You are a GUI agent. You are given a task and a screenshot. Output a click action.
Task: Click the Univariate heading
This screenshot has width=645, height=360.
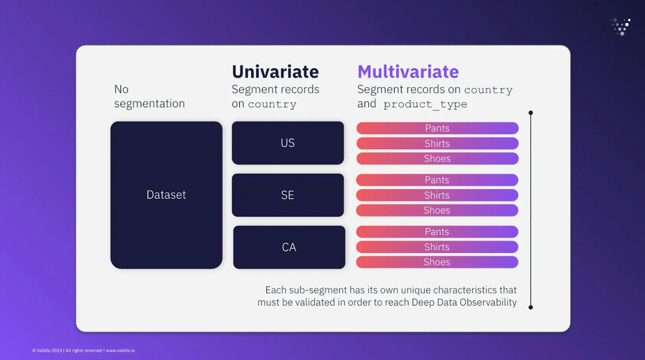click(275, 72)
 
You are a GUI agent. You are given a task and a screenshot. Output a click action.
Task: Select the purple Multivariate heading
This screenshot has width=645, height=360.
click(408, 72)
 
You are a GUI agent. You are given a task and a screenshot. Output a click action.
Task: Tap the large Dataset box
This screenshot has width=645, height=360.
click(166, 195)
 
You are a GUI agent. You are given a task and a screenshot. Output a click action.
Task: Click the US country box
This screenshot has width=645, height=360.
click(288, 143)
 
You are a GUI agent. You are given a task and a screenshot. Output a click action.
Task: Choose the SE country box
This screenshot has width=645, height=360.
click(288, 195)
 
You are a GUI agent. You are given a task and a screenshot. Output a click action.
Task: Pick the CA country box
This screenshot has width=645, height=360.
click(289, 247)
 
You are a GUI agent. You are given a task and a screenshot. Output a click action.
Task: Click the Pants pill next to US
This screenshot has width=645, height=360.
click(437, 128)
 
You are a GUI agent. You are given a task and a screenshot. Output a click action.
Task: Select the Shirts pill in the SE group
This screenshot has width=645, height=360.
click(437, 195)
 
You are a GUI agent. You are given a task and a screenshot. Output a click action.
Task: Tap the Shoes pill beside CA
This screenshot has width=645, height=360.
click(437, 262)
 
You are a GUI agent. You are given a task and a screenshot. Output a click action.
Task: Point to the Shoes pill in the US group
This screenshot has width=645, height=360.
click(437, 158)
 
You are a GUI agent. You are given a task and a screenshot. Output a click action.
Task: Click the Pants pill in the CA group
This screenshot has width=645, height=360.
click(437, 232)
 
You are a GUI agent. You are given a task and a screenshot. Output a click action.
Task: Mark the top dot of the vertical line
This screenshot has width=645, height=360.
click(530, 113)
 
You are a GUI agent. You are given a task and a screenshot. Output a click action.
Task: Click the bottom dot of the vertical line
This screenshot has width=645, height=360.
click(530, 307)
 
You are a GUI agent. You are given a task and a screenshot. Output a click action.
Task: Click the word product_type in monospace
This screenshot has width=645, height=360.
click(425, 104)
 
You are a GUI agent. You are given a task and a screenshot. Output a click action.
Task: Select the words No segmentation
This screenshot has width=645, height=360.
click(149, 96)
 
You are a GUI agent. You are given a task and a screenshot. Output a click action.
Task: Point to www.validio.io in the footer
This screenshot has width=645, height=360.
click(120, 350)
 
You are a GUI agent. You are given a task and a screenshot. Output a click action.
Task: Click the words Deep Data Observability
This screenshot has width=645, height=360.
click(464, 302)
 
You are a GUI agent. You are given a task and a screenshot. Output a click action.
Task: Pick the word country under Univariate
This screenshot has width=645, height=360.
click(272, 104)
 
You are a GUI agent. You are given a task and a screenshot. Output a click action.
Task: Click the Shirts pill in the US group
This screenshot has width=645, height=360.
click(437, 143)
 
